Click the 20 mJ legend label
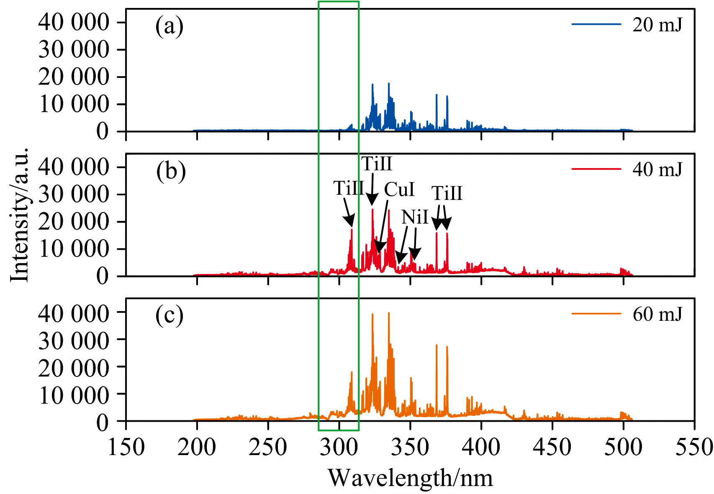tap(657, 25)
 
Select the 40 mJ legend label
tap(657, 169)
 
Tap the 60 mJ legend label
tap(657, 314)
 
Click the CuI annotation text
tap(399, 189)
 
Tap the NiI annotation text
tap(415, 217)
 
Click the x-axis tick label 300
tap(339, 447)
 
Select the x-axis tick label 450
tap(552, 447)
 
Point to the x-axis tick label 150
tap(126, 447)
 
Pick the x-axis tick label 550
tap(694, 447)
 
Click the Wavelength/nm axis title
tap(410, 478)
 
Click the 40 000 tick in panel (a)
tap(74, 22)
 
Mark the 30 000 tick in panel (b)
tap(74, 195)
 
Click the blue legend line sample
tap(596, 24)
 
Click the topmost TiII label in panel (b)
tap(377, 164)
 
